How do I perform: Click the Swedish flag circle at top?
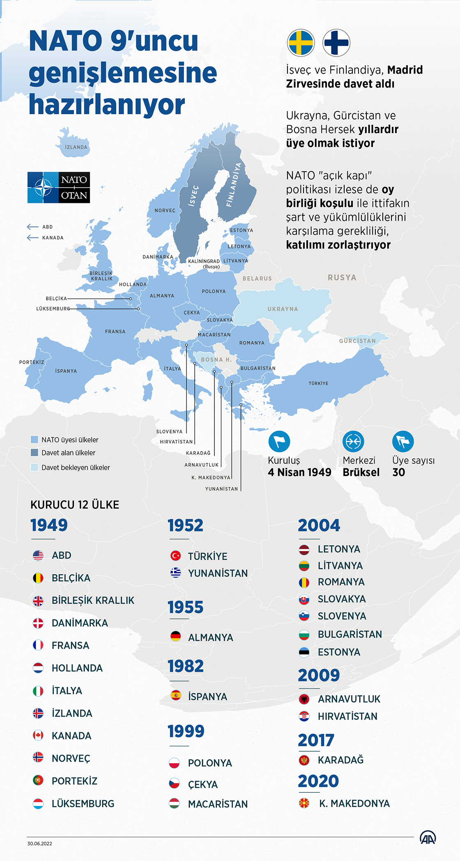click(x=301, y=43)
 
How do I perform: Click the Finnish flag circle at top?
click(x=336, y=43)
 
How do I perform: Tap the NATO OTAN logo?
click(x=59, y=187)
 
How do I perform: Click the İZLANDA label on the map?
click(x=76, y=147)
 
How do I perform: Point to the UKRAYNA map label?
click(x=283, y=309)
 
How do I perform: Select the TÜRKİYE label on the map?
click(x=318, y=383)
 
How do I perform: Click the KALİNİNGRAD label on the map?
click(x=204, y=261)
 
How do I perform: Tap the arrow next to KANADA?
click(x=32, y=237)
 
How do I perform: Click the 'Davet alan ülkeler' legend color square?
click(x=34, y=453)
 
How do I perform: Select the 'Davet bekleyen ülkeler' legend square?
click(x=34, y=467)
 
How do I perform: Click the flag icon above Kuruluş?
click(x=279, y=442)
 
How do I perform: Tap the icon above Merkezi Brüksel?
click(x=353, y=442)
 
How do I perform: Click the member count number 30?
click(x=398, y=472)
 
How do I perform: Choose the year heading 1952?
click(x=185, y=525)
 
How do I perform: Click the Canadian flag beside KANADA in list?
click(x=38, y=735)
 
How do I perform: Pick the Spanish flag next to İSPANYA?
click(x=176, y=695)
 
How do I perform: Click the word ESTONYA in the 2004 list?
click(x=339, y=652)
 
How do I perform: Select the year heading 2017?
click(x=316, y=741)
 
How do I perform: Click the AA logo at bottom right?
click(x=428, y=838)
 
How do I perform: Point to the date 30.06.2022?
click(x=40, y=844)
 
